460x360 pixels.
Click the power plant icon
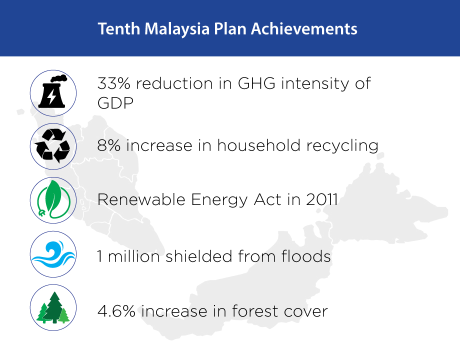point(53,91)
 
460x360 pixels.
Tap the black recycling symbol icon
point(53,146)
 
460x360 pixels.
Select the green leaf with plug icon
point(53,199)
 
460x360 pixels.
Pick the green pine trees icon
point(53,308)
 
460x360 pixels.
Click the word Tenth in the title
point(119,29)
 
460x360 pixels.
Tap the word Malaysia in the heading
point(177,29)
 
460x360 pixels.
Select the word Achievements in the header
point(304,29)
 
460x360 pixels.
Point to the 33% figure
point(114,83)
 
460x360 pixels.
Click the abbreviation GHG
point(256,83)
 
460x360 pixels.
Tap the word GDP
point(115,102)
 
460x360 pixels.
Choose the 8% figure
point(109,145)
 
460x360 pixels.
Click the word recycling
point(342,146)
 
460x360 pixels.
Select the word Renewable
point(141,199)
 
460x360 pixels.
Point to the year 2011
point(322,199)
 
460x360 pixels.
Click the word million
point(134,256)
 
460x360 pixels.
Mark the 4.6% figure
point(116,311)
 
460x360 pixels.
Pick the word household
point(259,145)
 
